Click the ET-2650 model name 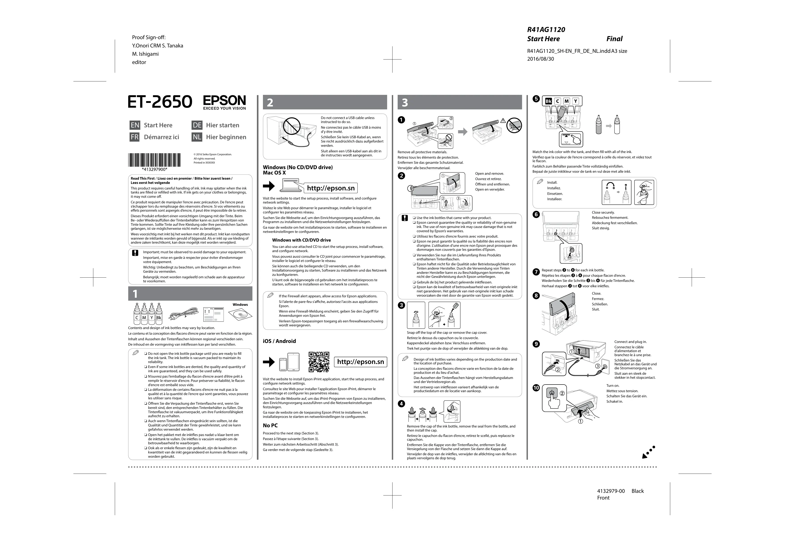[x=160, y=102]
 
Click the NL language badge [x=197, y=137]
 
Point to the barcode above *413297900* [x=155, y=159]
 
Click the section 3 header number [x=405, y=102]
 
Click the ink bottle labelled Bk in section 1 [x=159, y=313]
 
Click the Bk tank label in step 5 [x=548, y=101]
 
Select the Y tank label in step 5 [x=576, y=101]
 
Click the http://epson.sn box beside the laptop [x=331, y=188]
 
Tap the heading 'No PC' [x=270, y=425]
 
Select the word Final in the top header [x=614, y=39]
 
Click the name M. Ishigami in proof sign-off [x=145, y=54]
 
